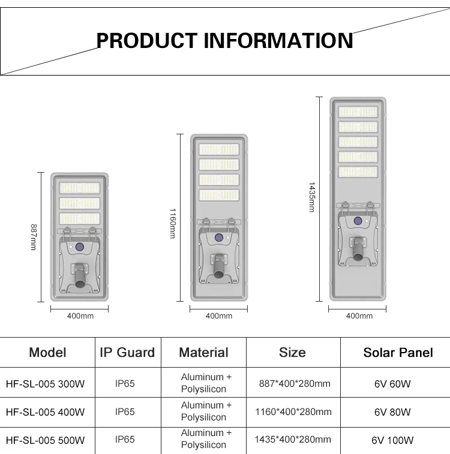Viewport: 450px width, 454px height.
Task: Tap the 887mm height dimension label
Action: pyautogui.click(x=34, y=237)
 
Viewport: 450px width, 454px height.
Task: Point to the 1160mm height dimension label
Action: pyautogui.click(x=173, y=224)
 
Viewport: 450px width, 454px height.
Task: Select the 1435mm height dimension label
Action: pyautogui.click(x=312, y=197)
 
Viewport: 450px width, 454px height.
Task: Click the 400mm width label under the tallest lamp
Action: pyautogui.click(x=359, y=316)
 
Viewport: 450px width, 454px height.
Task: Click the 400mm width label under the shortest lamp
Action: pyautogui.click(x=80, y=316)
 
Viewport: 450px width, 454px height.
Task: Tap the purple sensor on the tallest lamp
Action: pyautogui.click(x=358, y=221)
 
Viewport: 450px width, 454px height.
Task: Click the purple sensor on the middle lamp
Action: pyautogui.click(x=219, y=238)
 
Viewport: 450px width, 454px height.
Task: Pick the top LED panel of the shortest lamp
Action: pyautogui.click(x=80, y=188)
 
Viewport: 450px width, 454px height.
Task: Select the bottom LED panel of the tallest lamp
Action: pyautogui.click(x=358, y=172)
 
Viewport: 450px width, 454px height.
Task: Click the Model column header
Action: pyautogui.click(x=47, y=353)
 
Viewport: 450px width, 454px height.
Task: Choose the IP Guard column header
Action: pyautogui.click(x=127, y=353)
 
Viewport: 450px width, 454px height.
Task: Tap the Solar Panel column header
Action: pyautogui.click(x=398, y=353)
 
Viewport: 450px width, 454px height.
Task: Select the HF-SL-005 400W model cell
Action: pyautogui.click(x=45, y=412)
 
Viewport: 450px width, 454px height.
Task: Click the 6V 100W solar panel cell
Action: pyautogui.click(x=392, y=440)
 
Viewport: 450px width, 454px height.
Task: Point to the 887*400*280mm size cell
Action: pyautogui.click(x=294, y=384)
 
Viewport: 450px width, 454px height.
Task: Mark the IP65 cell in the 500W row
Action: pyautogui.click(x=125, y=440)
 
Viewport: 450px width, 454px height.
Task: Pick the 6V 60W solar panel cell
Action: pyautogui.click(x=392, y=384)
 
